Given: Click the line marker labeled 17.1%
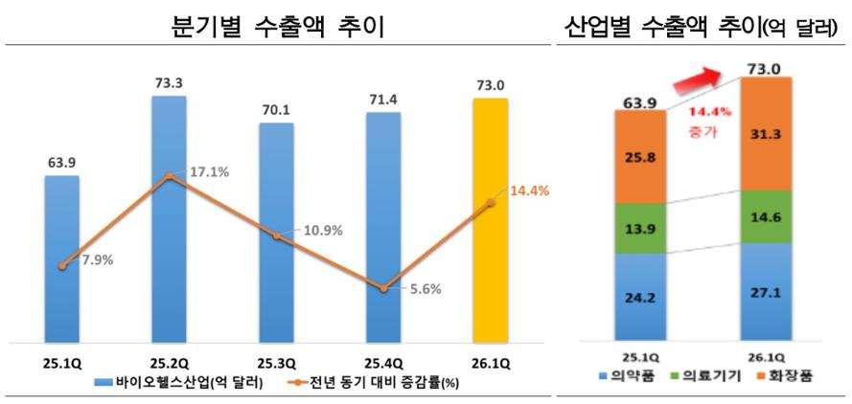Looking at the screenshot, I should [x=170, y=175].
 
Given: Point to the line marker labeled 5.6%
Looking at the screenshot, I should [x=383, y=287].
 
